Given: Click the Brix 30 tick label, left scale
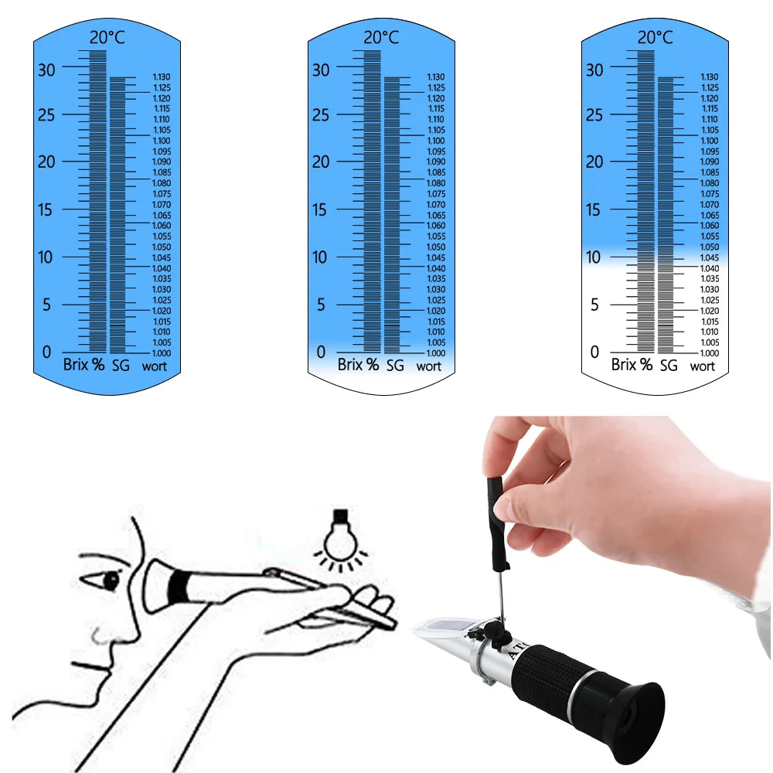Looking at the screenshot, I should (48, 70).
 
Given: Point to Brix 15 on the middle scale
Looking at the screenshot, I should (322, 210).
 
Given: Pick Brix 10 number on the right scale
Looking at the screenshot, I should (594, 257).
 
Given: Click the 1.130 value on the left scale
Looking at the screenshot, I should (161, 77).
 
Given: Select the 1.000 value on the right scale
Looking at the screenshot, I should (710, 353).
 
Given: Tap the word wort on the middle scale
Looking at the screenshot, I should (429, 366).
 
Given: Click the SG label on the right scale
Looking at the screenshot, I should (668, 365).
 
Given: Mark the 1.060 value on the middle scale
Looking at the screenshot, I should (436, 226).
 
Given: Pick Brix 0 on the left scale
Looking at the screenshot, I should (48, 352).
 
